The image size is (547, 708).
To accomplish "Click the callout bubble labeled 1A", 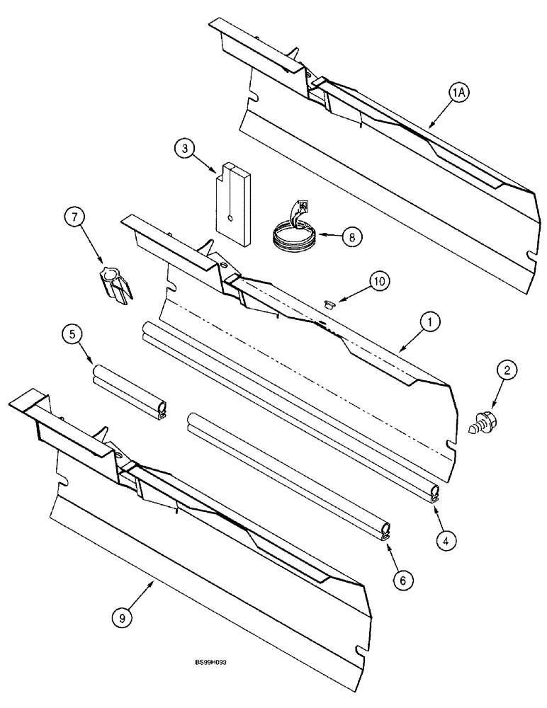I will pyautogui.click(x=459, y=93).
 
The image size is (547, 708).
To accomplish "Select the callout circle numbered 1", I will pyautogui.click(x=429, y=323).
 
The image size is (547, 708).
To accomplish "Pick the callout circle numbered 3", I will pyautogui.click(x=184, y=149).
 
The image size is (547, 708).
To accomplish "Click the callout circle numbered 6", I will pyautogui.click(x=403, y=579).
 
